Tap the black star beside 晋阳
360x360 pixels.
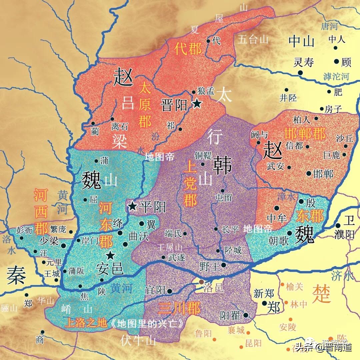(197, 104)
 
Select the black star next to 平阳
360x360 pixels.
(133, 206)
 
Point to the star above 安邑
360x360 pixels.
(110, 256)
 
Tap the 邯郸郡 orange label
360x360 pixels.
(305, 134)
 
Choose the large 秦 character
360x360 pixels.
(16, 276)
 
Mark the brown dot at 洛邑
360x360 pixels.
(201, 282)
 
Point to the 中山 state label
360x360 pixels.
(302, 42)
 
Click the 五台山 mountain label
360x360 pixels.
(253, 40)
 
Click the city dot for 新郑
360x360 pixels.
(264, 303)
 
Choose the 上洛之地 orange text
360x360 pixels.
(86, 323)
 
